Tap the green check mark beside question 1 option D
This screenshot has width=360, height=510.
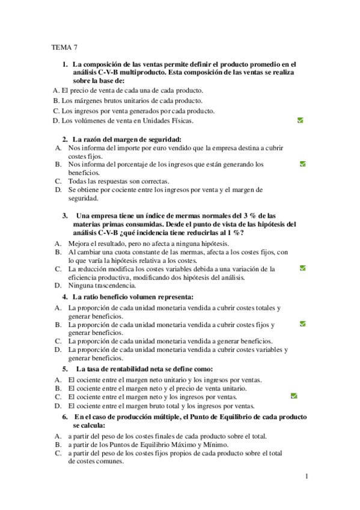click(x=300, y=120)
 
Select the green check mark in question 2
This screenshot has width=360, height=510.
click(x=303, y=164)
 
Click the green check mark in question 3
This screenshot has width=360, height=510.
click(x=303, y=268)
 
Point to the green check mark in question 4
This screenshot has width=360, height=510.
click(x=303, y=324)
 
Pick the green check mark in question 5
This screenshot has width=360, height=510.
click(x=294, y=396)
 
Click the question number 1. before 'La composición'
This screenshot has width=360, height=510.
click(x=65, y=64)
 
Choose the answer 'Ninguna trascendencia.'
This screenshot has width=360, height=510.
click(x=102, y=286)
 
